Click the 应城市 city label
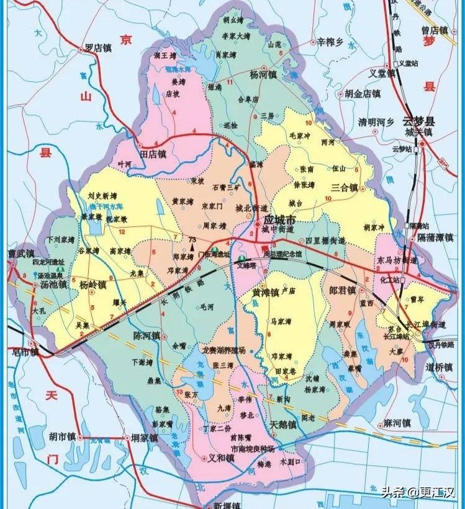tap(279, 220)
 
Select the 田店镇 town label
tap(153, 153)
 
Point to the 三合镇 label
tap(344, 187)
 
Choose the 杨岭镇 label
tap(93, 285)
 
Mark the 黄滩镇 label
tap(265, 293)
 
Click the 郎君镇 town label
tap(342, 290)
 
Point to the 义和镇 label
tap(221, 458)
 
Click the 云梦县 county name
tap(420, 121)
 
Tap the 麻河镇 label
tap(397, 423)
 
